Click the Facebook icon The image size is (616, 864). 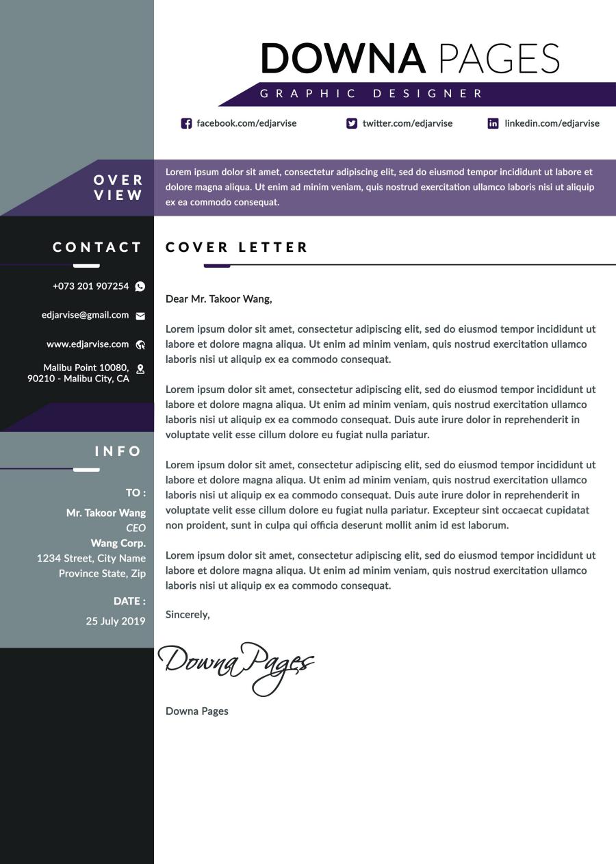[x=186, y=123]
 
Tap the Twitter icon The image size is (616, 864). [x=352, y=123]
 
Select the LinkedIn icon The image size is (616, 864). [x=493, y=123]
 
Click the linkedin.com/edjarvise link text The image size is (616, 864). [x=552, y=123]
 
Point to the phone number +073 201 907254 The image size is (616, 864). [x=90, y=286]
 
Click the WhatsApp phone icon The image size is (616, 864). [x=140, y=286]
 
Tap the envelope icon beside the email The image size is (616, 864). [x=140, y=316]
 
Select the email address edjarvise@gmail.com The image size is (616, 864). [x=85, y=315]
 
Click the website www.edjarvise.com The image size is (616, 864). [x=88, y=344]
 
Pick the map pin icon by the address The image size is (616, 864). [x=140, y=369]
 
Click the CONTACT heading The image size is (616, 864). [x=97, y=247]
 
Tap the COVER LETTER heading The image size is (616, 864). [x=237, y=247]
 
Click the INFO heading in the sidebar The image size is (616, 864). [x=118, y=451]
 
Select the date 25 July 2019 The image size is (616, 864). [x=116, y=622]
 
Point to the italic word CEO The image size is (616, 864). [x=136, y=528]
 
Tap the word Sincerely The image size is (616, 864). [x=188, y=615]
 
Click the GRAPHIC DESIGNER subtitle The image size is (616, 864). [x=372, y=94]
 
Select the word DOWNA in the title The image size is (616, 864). [x=343, y=58]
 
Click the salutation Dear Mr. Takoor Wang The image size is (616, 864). [x=219, y=299]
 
